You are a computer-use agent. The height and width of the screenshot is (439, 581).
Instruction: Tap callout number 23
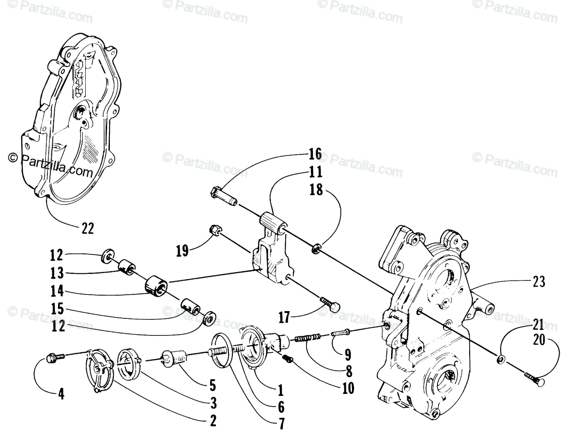point(539,281)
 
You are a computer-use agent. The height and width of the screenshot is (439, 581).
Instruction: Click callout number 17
point(284,318)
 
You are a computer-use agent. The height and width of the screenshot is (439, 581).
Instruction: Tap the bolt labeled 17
point(330,304)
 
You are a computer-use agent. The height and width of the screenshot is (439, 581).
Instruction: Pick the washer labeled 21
point(501,359)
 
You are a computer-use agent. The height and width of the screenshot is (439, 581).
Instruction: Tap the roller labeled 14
point(156,285)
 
